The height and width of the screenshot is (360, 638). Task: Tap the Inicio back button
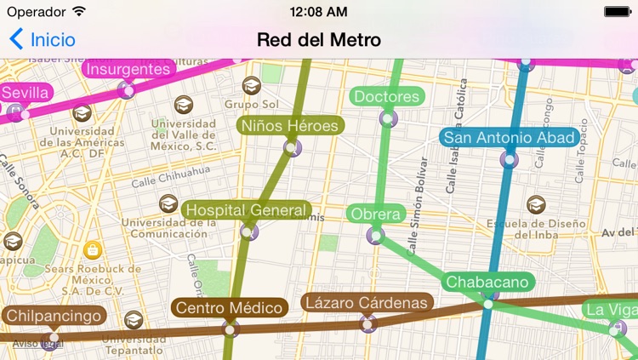43,39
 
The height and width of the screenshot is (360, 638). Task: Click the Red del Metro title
318,39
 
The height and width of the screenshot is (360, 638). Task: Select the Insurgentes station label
128,69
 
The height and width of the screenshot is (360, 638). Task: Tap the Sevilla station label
26,93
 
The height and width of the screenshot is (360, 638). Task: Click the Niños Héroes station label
289,126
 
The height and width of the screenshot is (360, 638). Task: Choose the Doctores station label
387,96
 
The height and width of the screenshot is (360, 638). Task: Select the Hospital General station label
246,209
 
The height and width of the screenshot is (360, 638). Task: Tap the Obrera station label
375,213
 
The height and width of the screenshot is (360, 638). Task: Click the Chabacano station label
488,282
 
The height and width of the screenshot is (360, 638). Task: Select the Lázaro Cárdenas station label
367,302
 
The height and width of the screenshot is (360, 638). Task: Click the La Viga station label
612,309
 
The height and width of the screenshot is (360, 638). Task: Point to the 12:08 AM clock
318,12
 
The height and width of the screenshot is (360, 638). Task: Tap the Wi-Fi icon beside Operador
79,12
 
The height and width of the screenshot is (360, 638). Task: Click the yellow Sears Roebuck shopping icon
94,249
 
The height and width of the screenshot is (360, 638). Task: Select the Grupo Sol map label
252,104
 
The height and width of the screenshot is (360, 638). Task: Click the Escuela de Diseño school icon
535,204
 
